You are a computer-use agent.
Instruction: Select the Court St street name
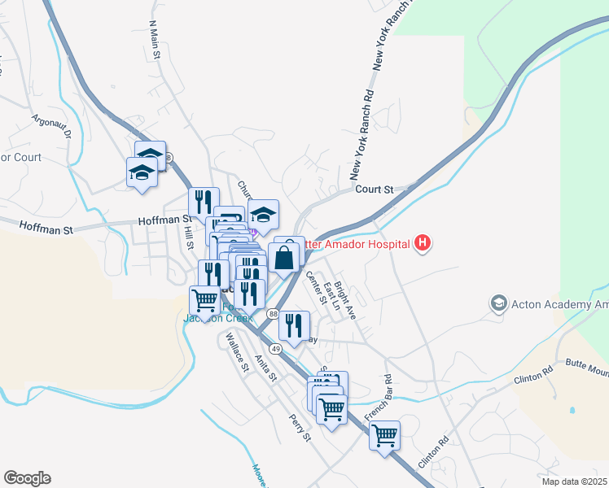[x=375, y=189]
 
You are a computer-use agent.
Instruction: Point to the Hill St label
[x=188, y=237]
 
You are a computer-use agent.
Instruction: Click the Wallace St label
[x=236, y=351]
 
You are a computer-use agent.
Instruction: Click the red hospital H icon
[x=423, y=242]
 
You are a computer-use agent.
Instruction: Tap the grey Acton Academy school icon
[x=497, y=303]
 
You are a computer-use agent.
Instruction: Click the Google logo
[x=27, y=478]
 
